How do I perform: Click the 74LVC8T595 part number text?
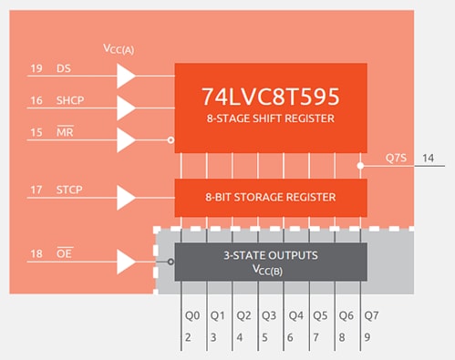(271, 95)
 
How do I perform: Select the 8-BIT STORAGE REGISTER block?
(271, 197)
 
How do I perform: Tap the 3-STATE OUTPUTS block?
(271, 261)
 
